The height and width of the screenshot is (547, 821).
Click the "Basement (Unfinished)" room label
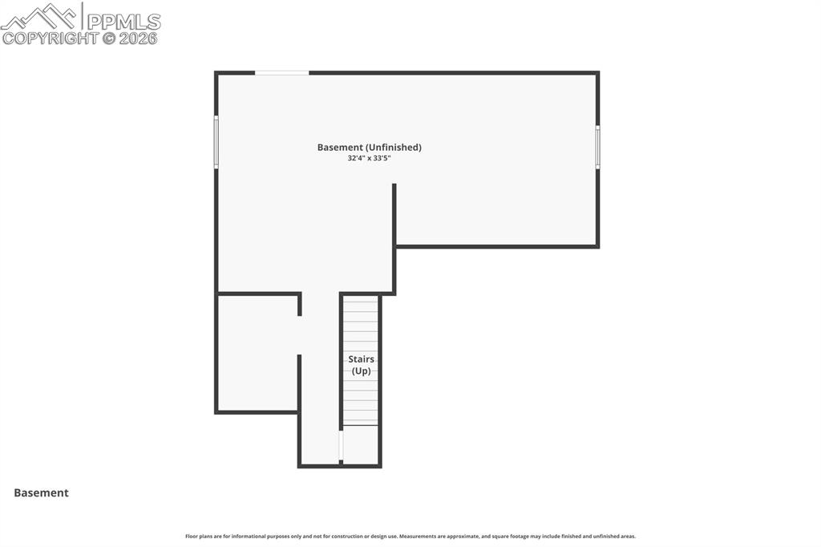(x=369, y=148)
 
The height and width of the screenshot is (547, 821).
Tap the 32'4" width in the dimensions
(x=358, y=159)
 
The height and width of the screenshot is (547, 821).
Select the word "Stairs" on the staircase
(x=361, y=359)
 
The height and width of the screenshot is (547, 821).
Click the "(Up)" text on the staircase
(x=361, y=371)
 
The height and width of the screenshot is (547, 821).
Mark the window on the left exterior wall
(x=216, y=142)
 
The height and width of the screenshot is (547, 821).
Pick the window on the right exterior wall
(x=597, y=147)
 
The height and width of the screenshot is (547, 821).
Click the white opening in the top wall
(x=281, y=73)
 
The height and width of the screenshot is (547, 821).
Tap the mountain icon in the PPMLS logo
(x=40, y=17)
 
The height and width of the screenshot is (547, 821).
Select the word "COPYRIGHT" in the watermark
(x=51, y=38)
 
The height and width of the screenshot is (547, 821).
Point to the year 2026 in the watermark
(x=139, y=38)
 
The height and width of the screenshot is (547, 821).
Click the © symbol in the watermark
(x=109, y=38)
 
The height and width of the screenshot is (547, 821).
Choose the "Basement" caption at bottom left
(x=41, y=493)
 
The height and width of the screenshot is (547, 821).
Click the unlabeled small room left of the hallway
(x=257, y=353)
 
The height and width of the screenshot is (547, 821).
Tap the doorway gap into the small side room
(x=299, y=335)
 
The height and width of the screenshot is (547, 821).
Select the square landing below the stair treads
(x=361, y=444)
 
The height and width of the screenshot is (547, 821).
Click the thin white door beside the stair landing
(x=342, y=445)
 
